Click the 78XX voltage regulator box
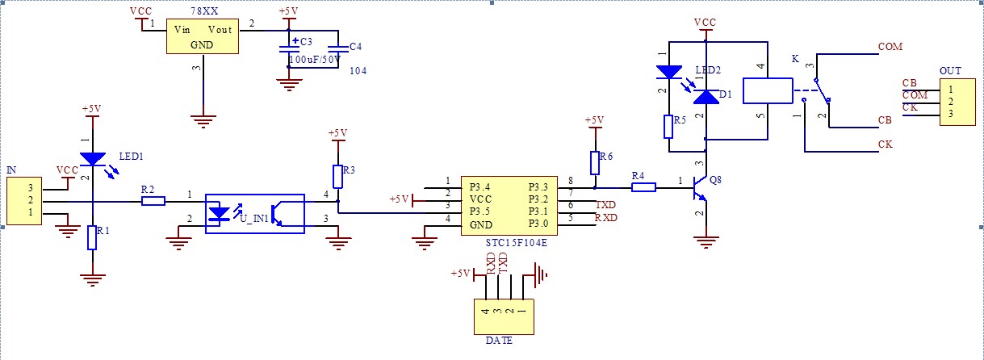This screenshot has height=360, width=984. [202, 36]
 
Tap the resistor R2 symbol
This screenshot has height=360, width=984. [153, 200]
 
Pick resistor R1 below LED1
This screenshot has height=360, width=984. [92, 238]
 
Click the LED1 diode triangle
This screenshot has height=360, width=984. [93, 160]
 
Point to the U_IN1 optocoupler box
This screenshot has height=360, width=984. [254, 213]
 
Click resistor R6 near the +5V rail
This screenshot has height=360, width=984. [595, 163]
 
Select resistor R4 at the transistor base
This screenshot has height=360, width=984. [643, 187]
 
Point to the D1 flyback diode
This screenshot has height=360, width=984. [707, 97]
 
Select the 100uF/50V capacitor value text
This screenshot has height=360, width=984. [315, 59]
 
